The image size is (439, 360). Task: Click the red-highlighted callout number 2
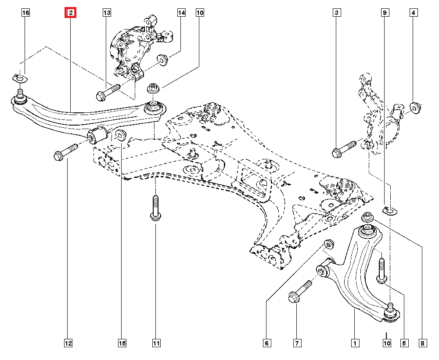coord(70,14)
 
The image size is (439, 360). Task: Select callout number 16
coord(26,14)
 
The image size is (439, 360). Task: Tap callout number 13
coord(107,14)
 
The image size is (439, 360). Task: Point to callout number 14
coord(181,14)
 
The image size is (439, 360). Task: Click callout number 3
coord(336,14)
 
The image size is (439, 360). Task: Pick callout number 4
coord(413,14)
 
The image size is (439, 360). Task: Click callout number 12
coord(68,343)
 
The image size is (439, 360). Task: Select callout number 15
coord(122,343)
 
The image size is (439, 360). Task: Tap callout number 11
coord(156,343)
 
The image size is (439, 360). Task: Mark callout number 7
coord(297,343)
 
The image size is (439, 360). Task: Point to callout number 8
coord(422,343)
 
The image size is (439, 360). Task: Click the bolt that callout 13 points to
coord(108,91)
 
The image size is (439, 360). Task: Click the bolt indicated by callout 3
coord(345,148)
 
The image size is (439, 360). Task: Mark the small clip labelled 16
coord(19,78)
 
